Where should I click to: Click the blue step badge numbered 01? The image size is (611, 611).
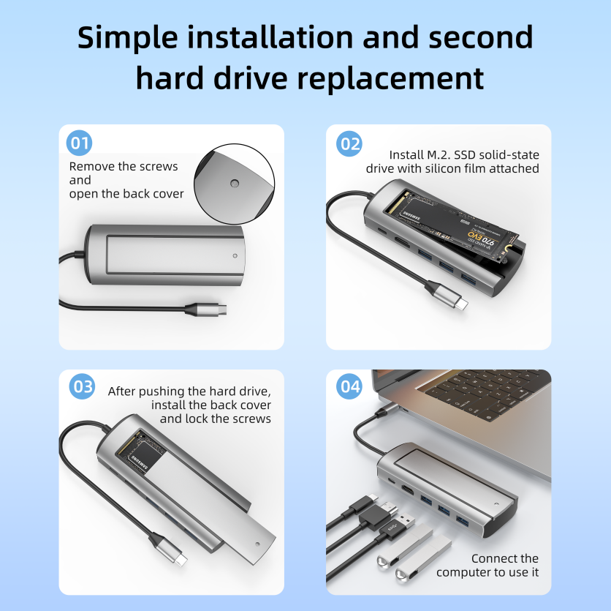click(79, 142)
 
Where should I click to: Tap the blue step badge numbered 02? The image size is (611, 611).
click(349, 143)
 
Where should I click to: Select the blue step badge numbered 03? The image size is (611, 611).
click(82, 387)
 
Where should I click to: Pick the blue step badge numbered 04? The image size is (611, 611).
click(349, 387)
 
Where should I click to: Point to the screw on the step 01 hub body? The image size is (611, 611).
click(235, 257)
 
